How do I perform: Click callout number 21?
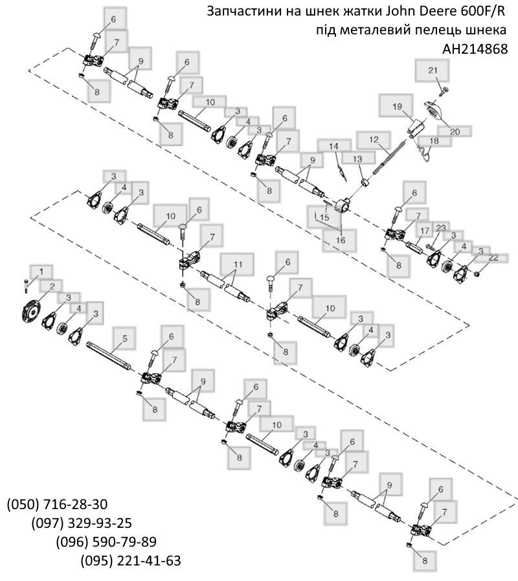pyautogui.click(x=433, y=70)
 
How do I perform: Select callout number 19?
pyautogui.click(x=398, y=105)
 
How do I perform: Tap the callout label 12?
pyautogui.click(x=374, y=139)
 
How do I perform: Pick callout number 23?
pyautogui.click(x=441, y=227)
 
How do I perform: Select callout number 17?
pyautogui.click(x=424, y=231)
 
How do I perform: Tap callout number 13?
pyautogui.click(x=356, y=159)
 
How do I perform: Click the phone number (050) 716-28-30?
pyautogui.click(x=58, y=505)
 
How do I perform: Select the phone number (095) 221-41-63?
pyautogui.click(x=131, y=560)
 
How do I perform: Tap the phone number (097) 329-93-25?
pyautogui.click(x=82, y=523)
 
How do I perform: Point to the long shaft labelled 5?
pyautogui.click(x=110, y=356)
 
